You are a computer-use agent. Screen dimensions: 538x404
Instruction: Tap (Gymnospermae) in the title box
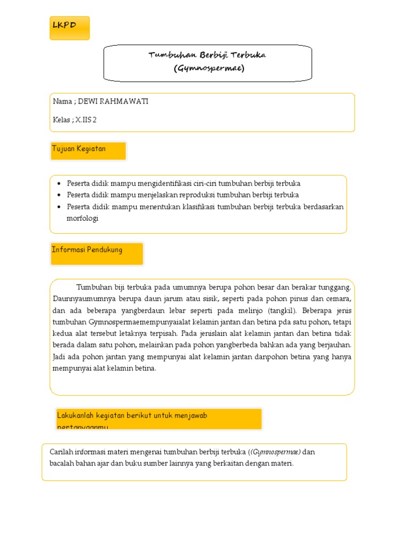point(209,68)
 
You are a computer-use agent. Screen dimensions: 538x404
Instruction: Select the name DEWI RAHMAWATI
point(113,101)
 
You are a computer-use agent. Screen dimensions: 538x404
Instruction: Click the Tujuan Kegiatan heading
point(79,149)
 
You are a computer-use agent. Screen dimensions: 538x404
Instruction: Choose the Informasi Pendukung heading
point(87,250)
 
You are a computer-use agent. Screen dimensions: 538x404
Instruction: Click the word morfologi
point(83,218)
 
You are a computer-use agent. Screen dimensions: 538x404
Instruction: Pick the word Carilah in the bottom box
point(62,452)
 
